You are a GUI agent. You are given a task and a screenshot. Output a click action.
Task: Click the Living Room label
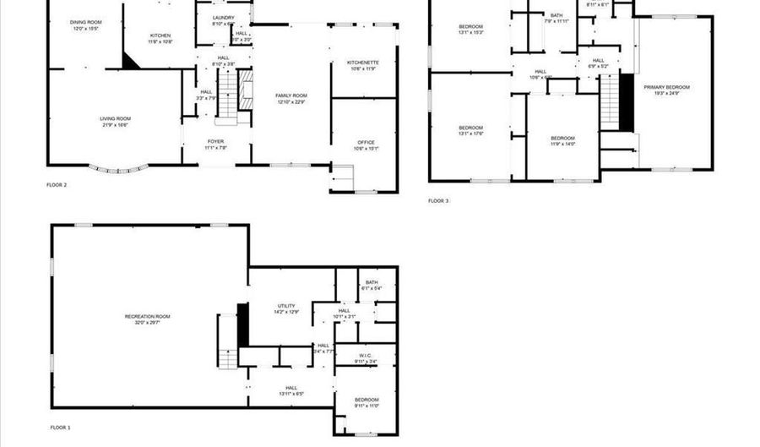coord(115,121)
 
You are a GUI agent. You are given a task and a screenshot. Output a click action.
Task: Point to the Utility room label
coord(286,308)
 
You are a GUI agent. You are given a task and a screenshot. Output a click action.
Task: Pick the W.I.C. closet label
coord(366,358)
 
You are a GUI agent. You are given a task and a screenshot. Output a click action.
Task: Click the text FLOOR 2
coord(57,184)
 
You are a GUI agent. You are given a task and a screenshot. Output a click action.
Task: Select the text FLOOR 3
coord(438,200)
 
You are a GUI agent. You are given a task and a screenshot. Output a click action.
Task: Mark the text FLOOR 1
coord(59,428)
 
